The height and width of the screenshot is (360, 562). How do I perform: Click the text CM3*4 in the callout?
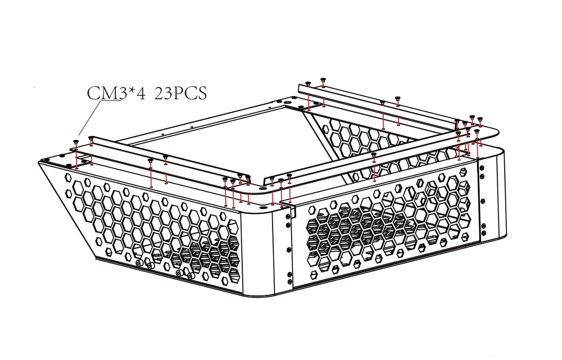pyautogui.click(x=116, y=93)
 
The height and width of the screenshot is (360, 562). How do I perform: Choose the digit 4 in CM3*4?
pyautogui.click(x=140, y=93)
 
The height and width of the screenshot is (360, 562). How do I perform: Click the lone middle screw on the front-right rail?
pyautogui.click(x=374, y=154)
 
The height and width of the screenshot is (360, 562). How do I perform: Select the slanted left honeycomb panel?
pyautogui.click(x=152, y=225)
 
